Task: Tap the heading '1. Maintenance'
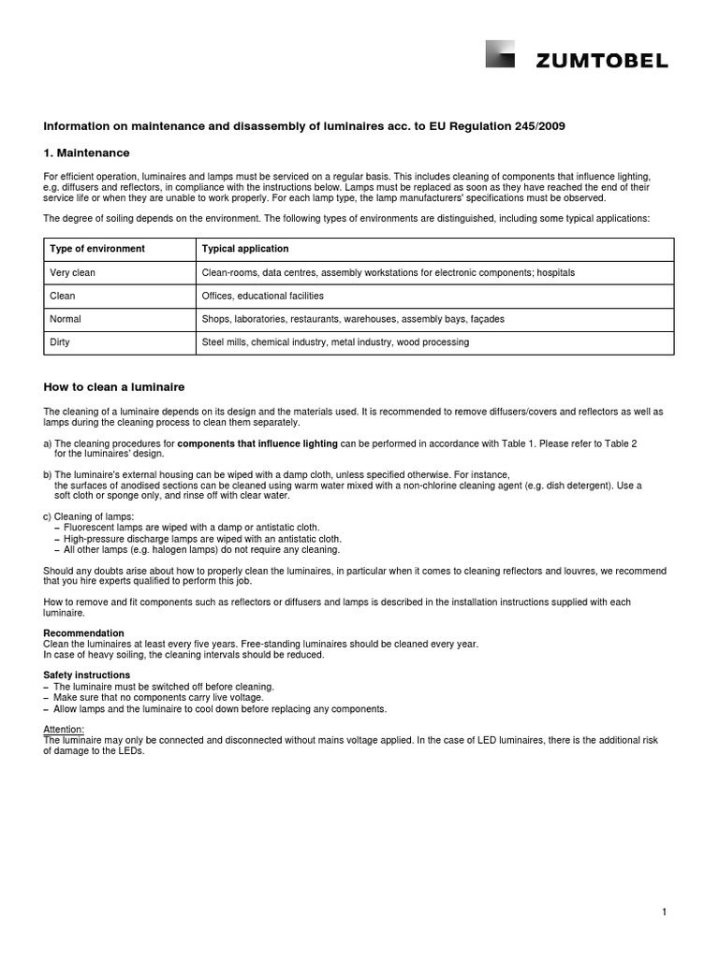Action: point(87,152)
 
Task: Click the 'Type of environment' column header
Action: point(97,249)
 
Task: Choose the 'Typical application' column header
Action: point(245,249)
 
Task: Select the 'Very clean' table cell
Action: point(73,272)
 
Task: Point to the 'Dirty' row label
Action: point(60,342)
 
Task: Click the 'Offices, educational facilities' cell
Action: point(263,296)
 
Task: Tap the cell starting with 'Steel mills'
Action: point(335,342)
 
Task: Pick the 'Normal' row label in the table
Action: point(66,319)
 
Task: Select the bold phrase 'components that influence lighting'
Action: point(257,443)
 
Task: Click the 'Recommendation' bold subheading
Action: point(84,633)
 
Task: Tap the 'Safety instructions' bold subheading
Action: point(87,675)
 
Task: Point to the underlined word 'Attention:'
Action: point(65,729)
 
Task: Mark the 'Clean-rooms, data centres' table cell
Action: point(389,272)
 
